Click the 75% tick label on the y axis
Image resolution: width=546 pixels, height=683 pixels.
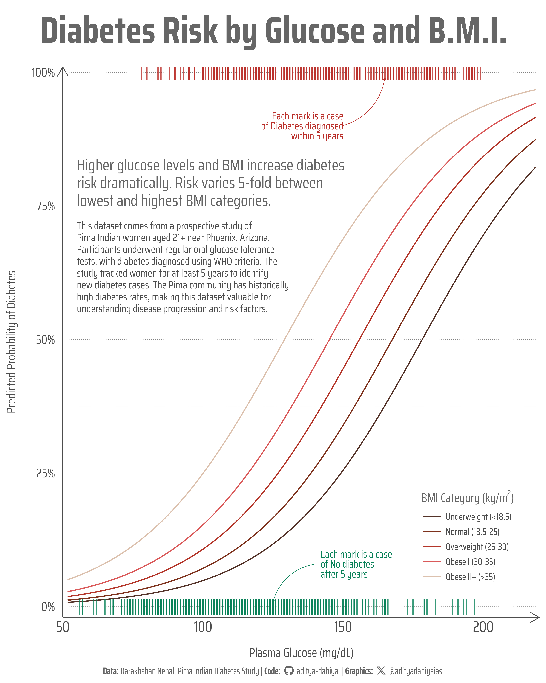pyautogui.click(x=46, y=207)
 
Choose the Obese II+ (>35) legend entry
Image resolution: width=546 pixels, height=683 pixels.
pyautogui.click(x=470, y=577)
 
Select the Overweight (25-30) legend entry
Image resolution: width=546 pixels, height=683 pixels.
pyautogui.click(x=477, y=547)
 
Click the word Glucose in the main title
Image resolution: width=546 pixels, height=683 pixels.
pyautogui.click(x=315, y=31)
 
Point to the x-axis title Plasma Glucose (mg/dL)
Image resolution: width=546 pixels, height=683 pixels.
pyautogui.click(x=301, y=653)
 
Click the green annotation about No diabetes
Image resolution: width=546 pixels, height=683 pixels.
pyautogui.click(x=356, y=564)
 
